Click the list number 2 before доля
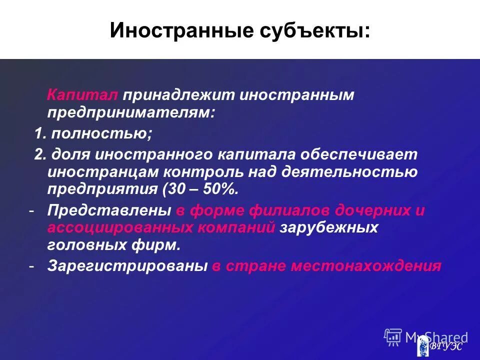[38, 154]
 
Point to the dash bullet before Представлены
[31, 210]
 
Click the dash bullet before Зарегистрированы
[31, 266]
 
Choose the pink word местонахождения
[366, 266]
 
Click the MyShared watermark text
[436, 337]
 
